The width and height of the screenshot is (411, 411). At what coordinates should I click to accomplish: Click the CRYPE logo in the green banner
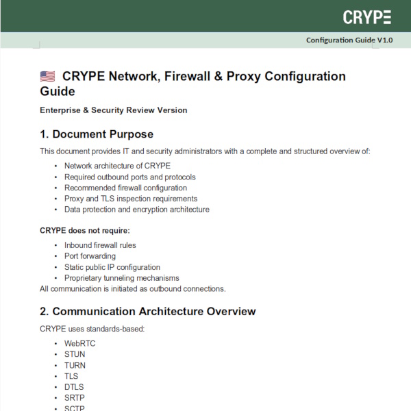[367, 17]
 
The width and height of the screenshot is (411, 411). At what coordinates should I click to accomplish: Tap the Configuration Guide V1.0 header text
[349, 40]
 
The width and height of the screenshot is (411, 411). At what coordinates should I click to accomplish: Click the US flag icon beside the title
[47, 77]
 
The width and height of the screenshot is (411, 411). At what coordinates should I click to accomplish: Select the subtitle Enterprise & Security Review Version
[113, 110]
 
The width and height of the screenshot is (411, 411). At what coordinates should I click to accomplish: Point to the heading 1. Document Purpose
[97, 134]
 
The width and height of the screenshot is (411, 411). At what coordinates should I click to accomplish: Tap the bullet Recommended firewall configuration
[125, 188]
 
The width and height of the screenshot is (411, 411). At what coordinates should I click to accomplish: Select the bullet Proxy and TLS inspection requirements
[131, 199]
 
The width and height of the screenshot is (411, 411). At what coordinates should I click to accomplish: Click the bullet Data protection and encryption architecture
[137, 210]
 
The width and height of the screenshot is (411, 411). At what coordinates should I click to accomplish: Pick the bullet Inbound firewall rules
[100, 245]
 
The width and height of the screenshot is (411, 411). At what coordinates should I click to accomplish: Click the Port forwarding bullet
[90, 256]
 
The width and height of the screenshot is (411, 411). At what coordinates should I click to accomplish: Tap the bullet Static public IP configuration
[112, 267]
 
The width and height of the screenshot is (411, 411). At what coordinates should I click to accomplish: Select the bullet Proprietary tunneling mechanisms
[121, 278]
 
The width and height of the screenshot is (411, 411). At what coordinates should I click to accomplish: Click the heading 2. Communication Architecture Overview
[148, 312]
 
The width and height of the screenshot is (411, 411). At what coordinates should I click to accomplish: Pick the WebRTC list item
[80, 343]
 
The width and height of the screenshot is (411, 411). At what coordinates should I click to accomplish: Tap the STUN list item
[75, 354]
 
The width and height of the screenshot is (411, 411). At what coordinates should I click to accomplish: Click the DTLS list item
[74, 387]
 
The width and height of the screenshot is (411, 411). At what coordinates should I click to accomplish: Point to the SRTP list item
[74, 398]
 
